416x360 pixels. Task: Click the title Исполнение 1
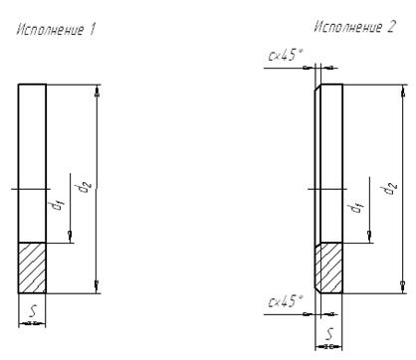[x=56, y=30]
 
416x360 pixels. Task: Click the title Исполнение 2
[x=354, y=27]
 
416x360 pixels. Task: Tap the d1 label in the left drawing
[x=58, y=206]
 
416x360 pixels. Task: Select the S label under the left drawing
[x=33, y=311]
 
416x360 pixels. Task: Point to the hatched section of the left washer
[x=32, y=268]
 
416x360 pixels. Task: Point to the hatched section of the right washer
[x=328, y=268]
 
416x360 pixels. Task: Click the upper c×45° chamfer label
[x=286, y=55]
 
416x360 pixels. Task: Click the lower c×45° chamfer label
[x=286, y=301]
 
